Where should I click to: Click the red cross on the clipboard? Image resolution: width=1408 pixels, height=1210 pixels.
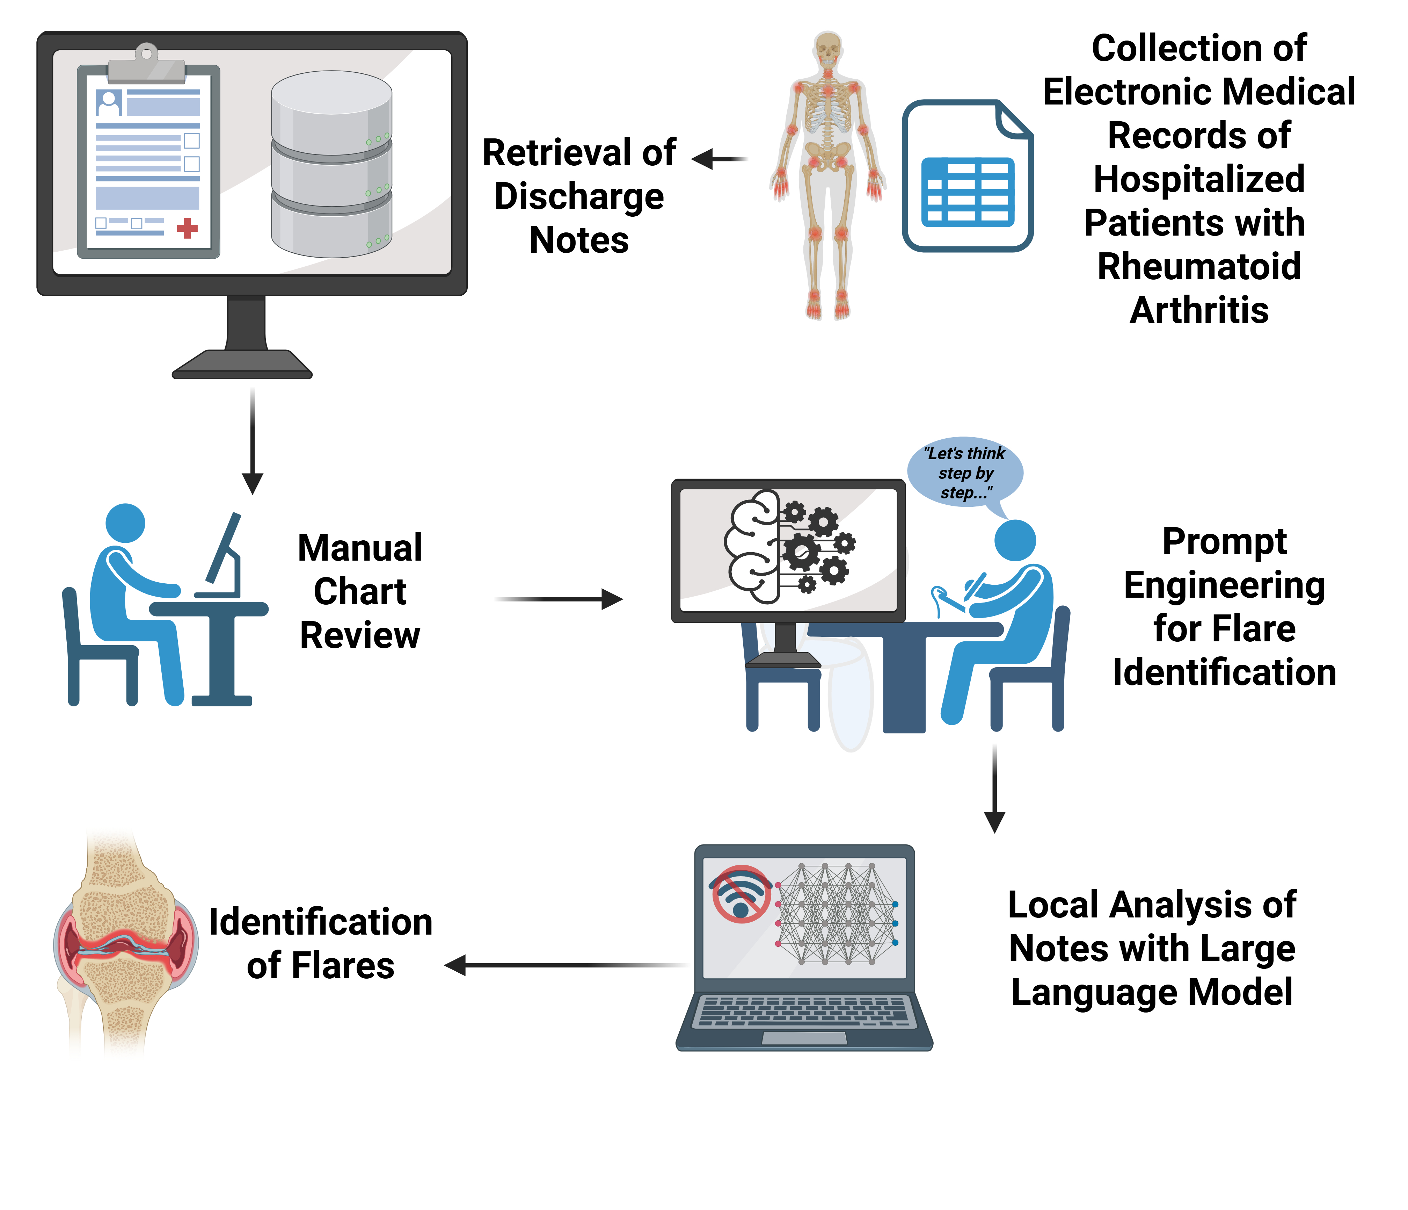coord(187,229)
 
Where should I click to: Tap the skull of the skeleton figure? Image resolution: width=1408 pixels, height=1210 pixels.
coord(828,48)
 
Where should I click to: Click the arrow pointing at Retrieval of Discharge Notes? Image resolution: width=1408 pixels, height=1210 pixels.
coord(719,159)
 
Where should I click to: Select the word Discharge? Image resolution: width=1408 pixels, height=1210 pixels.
coord(579,197)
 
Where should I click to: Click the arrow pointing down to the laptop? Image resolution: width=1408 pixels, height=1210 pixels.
coord(994,788)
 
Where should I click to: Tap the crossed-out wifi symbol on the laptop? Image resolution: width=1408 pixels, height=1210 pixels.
coord(741,894)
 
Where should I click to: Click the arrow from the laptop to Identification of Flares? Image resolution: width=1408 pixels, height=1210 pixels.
coord(564,965)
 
